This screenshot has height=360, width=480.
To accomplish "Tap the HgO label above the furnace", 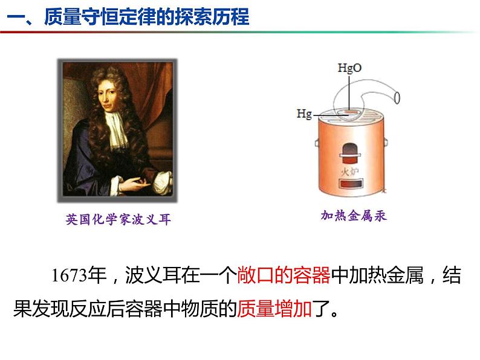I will (349, 68).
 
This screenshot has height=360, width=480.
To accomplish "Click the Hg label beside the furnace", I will (305, 113).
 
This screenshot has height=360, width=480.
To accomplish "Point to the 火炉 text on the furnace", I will (349, 171).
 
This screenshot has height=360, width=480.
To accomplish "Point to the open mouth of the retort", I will (397, 97).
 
